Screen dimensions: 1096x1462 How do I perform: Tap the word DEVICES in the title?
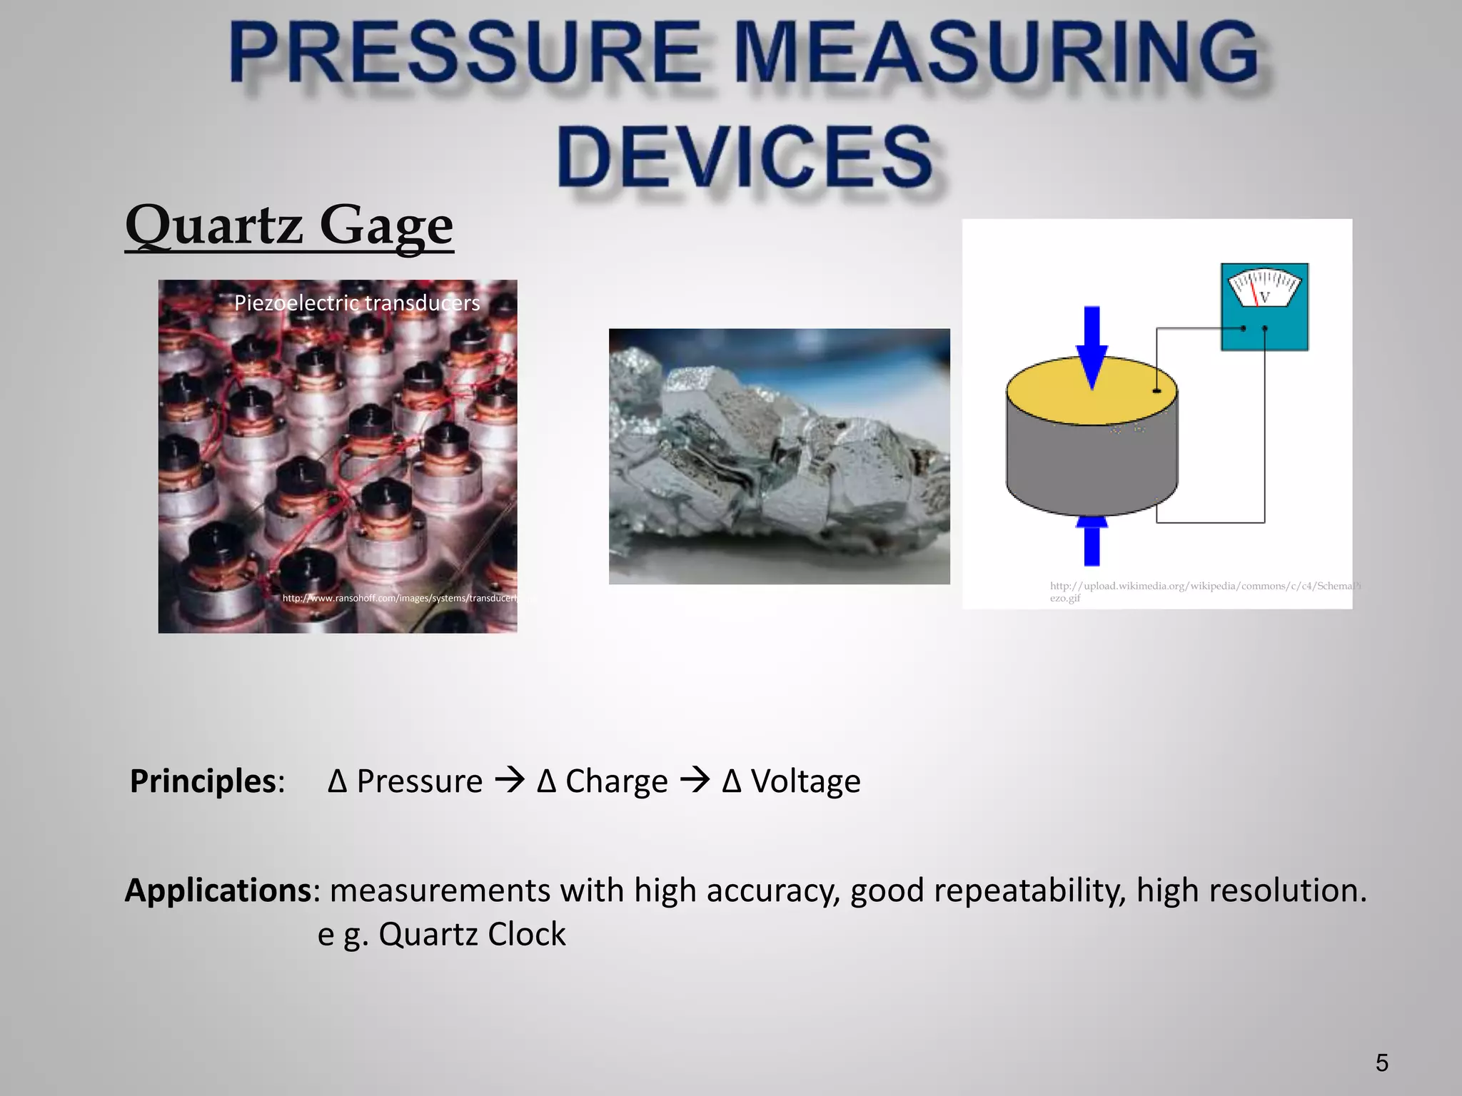point(745,156)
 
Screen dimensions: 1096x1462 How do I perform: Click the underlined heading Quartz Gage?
point(289,225)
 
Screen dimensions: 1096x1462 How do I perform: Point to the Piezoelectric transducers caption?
point(357,303)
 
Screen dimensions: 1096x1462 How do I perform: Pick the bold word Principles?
point(203,781)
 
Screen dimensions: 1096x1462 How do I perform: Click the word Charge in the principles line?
point(616,781)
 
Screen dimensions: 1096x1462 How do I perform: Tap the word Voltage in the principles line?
point(805,781)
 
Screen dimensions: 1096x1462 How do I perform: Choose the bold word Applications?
point(218,890)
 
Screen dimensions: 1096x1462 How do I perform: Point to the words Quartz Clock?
point(472,934)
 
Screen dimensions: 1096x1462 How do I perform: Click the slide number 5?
point(1382,1063)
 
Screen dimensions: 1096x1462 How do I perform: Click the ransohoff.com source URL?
point(400,598)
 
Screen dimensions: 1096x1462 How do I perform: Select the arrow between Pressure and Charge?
point(510,781)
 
